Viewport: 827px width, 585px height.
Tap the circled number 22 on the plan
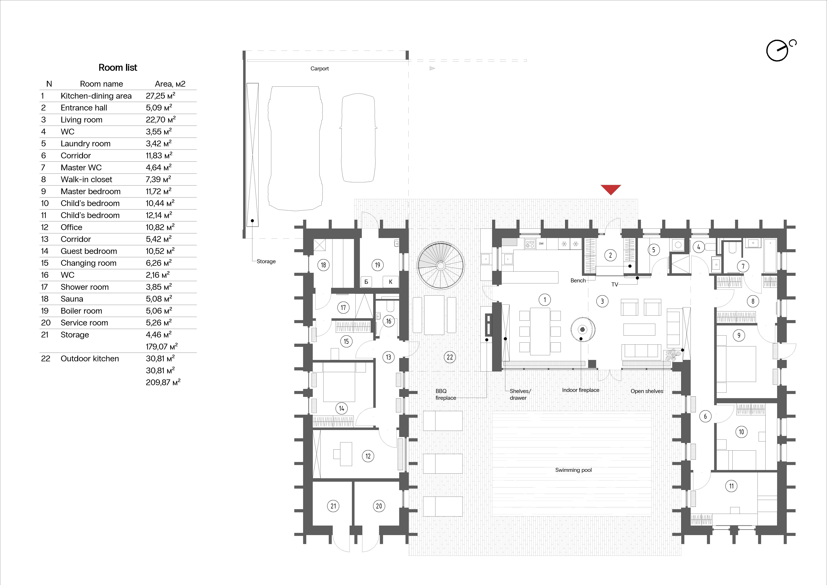click(450, 357)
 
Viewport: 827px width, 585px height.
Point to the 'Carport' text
click(319, 69)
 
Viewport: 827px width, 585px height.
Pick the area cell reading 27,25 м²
click(160, 96)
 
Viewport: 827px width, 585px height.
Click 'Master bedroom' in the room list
click(90, 191)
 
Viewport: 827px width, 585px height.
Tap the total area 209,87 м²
click(163, 382)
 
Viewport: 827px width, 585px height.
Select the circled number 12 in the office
click(368, 456)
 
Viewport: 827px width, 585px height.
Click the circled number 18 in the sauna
click(323, 265)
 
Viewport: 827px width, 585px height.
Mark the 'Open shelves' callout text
click(647, 391)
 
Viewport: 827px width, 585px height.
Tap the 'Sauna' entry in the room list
click(72, 299)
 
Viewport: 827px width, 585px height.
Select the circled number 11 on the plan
click(731, 486)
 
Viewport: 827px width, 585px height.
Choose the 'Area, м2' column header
click(170, 84)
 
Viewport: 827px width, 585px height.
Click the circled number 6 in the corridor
click(705, 416)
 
